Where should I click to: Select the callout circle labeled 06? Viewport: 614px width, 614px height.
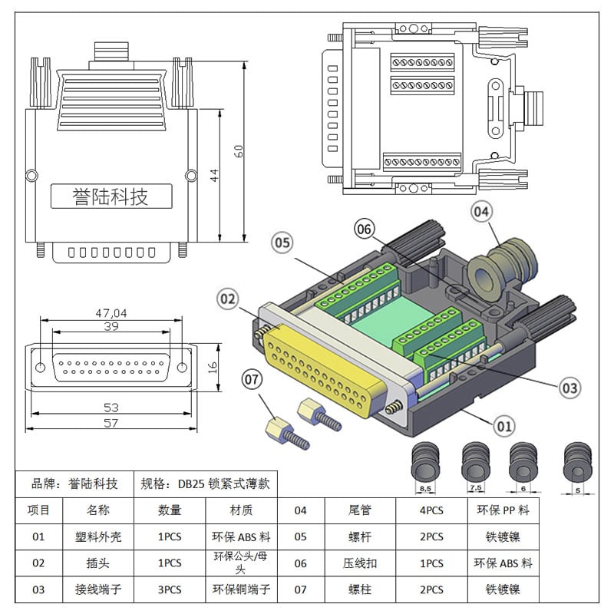click(365, 228)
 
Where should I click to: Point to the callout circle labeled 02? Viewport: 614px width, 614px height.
click(228, 299)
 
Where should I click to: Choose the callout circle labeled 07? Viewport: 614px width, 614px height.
click(253, 378)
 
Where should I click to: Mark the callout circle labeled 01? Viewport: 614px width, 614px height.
click(503, 423)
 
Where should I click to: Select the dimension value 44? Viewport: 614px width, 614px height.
click(215, 175)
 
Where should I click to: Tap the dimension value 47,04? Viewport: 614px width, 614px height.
click(111, 312)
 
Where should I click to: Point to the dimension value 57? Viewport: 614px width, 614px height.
click(111, 423)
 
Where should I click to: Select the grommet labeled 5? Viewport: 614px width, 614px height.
click(577, 464)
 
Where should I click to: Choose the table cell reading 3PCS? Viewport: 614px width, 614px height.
click(170, 589)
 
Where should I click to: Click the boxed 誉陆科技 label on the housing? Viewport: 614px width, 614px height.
click(111, 196)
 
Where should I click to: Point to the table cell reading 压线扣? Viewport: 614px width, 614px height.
click(359, 563)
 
